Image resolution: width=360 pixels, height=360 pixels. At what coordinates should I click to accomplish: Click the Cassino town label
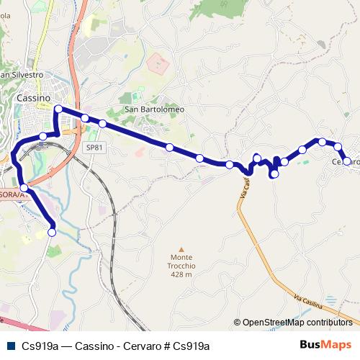(x=33, y=98)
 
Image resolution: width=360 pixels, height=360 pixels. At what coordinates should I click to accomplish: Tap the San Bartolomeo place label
(x=155, y=109)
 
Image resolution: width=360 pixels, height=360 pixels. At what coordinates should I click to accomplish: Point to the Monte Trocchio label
(x=181, y=262)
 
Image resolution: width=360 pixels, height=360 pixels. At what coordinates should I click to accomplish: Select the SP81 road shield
(x=94, y=148)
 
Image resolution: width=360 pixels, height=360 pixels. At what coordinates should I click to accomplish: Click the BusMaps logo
(x=325, y=345)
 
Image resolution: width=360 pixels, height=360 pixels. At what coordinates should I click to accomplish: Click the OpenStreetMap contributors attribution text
(x=297, y=323)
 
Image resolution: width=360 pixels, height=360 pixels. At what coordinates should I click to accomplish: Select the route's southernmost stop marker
(x=52, y=232)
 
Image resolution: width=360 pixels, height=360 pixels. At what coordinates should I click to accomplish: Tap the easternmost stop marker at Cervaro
(x=347, y=161)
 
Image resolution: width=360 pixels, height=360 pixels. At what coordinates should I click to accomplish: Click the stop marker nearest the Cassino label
(x=58, y=109)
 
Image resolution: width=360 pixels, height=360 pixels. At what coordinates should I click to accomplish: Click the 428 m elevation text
(x=181, y=274)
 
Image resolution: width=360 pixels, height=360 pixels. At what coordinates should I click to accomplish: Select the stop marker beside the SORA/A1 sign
(x=25, y=188)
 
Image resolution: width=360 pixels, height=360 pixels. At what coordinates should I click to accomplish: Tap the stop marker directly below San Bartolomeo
(x=169, y=148)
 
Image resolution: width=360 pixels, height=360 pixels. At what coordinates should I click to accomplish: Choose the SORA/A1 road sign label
(x=12, y=195)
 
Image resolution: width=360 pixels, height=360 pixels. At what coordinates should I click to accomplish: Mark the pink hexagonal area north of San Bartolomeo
(x=158, y=63)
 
